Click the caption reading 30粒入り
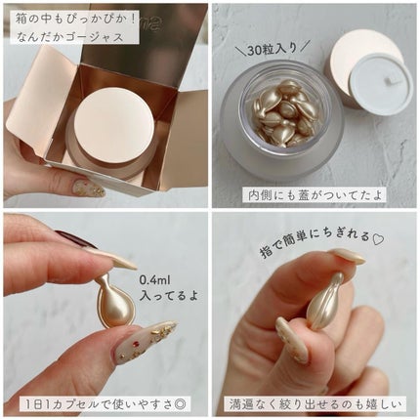(273, 49)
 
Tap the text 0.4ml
(155, 279)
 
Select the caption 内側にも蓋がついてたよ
(315, 195)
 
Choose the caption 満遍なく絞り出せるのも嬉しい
(315, 404)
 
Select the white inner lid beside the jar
(381, 83)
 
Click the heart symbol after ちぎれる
(379, 239)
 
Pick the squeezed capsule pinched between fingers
(324, 301)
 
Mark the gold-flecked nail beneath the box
(88, 189)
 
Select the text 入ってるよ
(168, 296)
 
